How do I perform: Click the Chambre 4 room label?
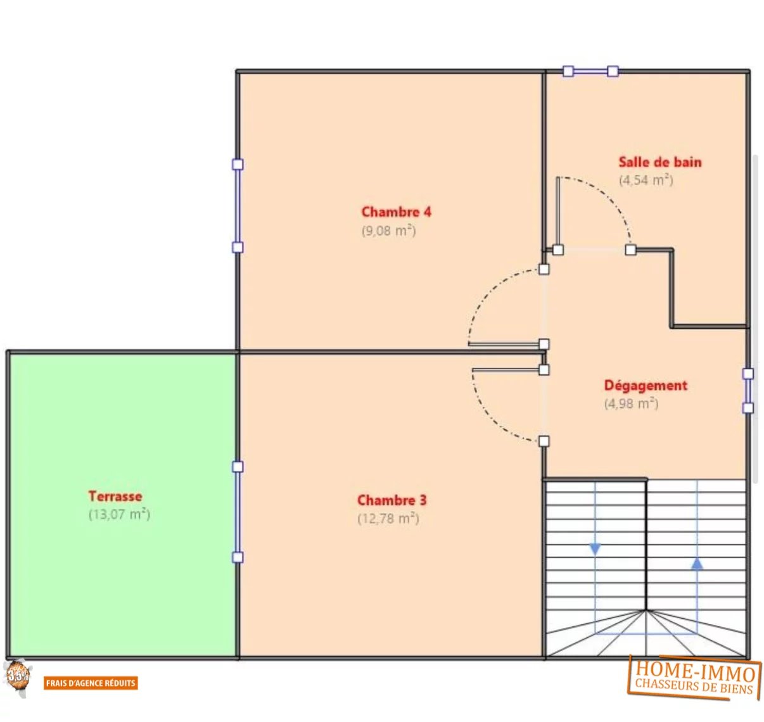[x=396, y=212]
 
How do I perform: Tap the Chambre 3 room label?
[x=392, y=500]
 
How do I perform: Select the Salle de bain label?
[x=660, y=162]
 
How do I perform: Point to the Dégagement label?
[x=646, y=386]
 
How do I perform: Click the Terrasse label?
[x=115, y=496]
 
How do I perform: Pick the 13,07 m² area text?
[x=119, y=514]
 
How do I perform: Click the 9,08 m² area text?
[x=388, y=231]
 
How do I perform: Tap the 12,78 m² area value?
[x=388, y=518]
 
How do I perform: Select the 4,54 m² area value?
[x=646, y=180]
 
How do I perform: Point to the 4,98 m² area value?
[x=631, y=403]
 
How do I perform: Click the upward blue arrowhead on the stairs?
[x=697, y=564]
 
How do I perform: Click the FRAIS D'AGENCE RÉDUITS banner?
[x=91, y=683]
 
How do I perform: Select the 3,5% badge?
[x=18, y=678]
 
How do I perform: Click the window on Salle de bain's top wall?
[x=590, y=71]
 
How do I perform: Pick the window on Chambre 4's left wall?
[x=238, y=206]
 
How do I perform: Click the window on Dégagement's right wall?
[x=748, y=391]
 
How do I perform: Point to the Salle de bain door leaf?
[x=557, y=213]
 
